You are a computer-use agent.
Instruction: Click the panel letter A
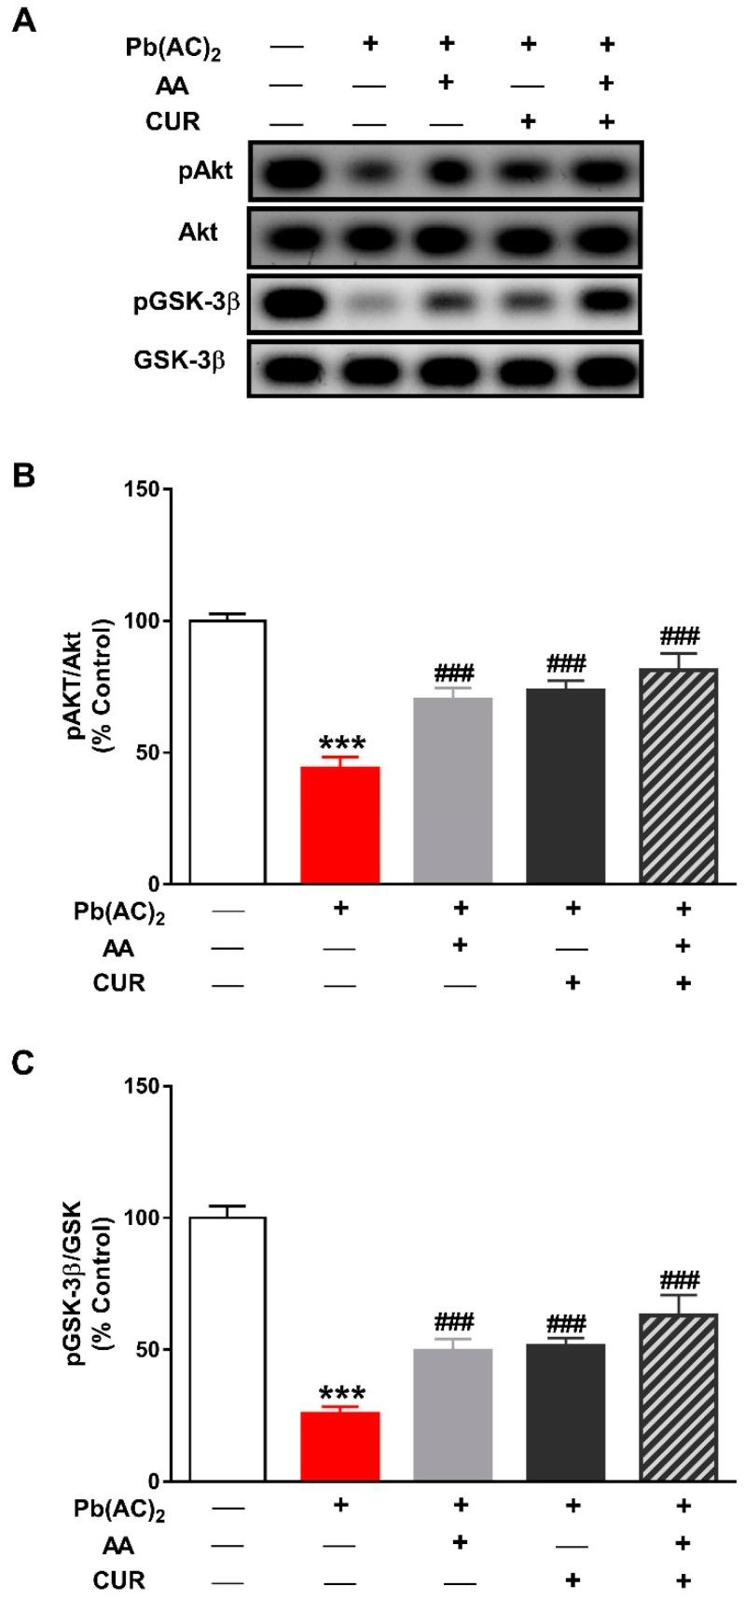click(x=26, y=21)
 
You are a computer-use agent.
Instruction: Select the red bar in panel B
click(x=340, y=825)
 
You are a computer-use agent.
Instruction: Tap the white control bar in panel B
click(x=228, y=751)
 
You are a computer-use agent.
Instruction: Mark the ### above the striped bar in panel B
click(x=679, y=636)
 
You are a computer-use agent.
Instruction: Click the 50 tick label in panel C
click(x=145, y=1349)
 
